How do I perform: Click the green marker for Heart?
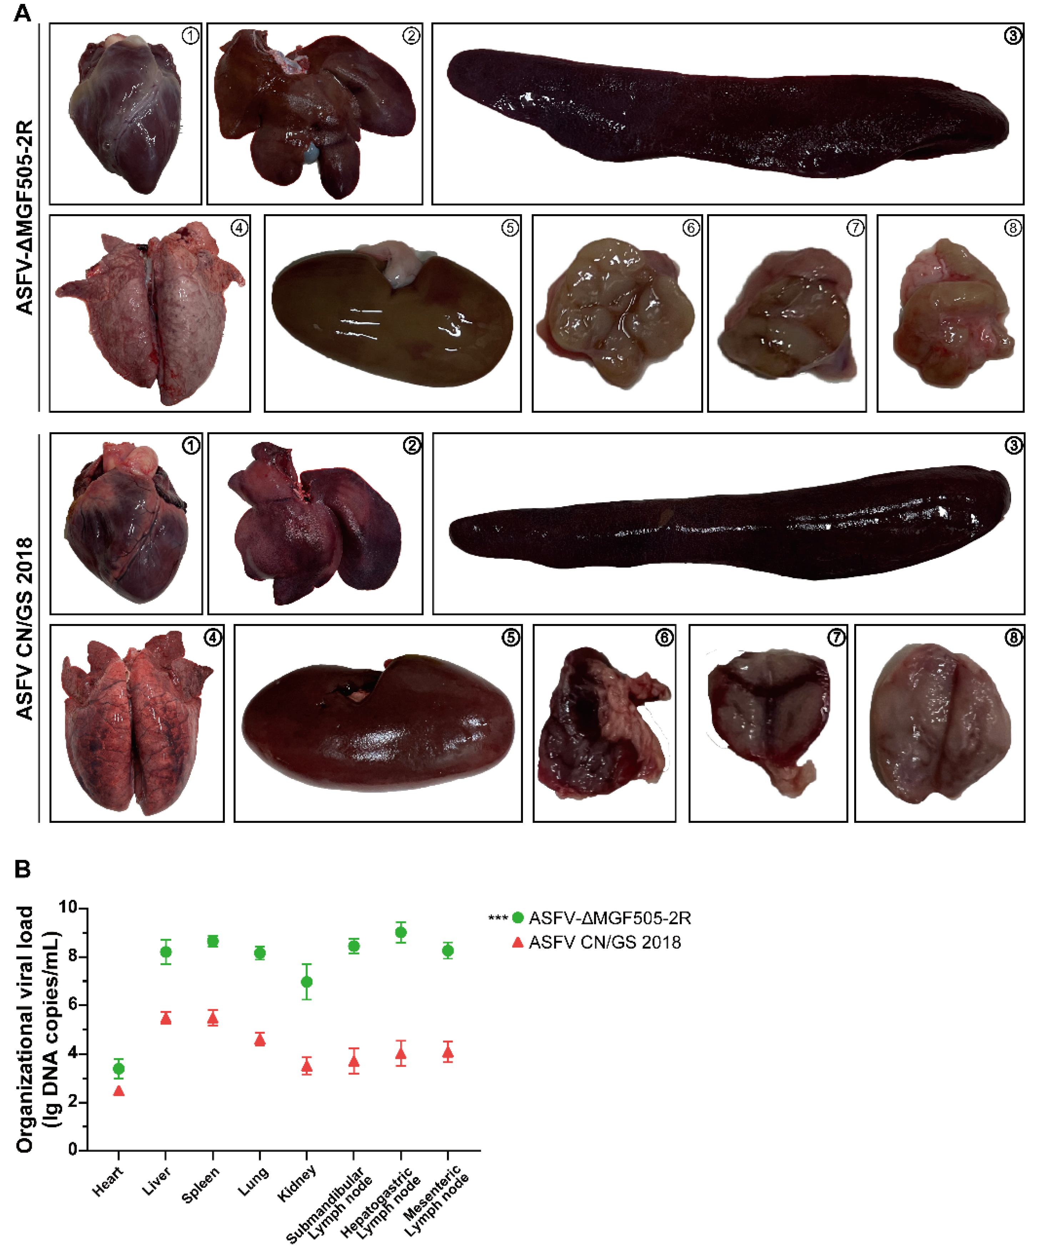pos(119,1068)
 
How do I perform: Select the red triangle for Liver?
pos(166,1019)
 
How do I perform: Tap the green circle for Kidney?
pos(306,982)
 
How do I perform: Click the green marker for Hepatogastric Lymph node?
pos(401,932)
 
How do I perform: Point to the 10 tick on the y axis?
pos(84,909)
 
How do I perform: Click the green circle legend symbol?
pos(518,917)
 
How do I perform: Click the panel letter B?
pos(23,869)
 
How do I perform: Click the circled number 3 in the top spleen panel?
pos(1012,36)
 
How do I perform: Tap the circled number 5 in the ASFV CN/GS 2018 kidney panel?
pos(510,638)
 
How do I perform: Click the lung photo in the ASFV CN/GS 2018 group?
pos(137,723)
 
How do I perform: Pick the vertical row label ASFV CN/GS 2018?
pos(25,628)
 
